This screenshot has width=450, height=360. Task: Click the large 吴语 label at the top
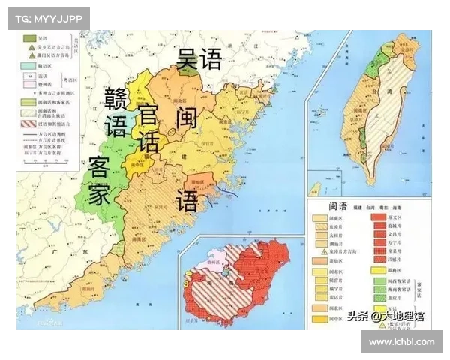[199, 58]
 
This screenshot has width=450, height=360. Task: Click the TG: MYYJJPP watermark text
[48, 18]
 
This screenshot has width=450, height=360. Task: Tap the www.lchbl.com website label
[402, 341]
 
